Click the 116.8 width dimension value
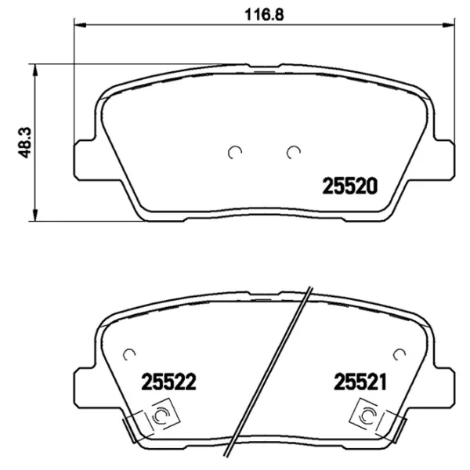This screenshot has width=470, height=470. coord(261,12)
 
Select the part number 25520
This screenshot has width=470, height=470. coord(350,186)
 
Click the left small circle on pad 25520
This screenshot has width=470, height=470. coord(234,152)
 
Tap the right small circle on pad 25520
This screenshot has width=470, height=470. coord(294,152)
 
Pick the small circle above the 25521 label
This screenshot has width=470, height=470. coord(399,353)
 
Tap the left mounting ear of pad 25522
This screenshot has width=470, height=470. coord(84,387)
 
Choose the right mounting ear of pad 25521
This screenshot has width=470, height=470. coord(445,387)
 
